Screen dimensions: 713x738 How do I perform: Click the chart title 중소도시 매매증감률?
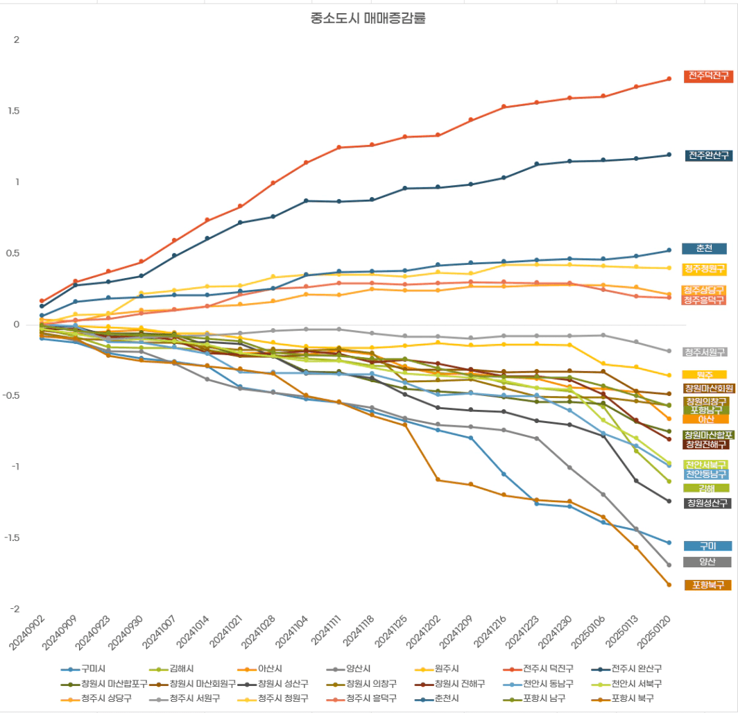click(x=368, y=19)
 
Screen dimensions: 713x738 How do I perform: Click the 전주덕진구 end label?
click(x=708, y=76)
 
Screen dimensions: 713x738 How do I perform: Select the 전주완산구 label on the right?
click(x=708, y=155)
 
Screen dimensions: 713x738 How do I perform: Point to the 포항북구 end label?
click(x=707, y=585)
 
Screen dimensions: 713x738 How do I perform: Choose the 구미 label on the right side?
click(x=707, y=546)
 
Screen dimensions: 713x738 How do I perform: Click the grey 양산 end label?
click(x=707, y=562)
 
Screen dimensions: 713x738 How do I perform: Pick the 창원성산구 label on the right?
click(x=707, y=503)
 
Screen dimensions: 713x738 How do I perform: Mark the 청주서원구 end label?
click(x=705, y=352)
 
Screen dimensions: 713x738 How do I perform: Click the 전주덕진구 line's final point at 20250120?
click(x=669, y=78)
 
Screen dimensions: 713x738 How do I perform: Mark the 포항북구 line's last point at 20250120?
click(x=669, y=585)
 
